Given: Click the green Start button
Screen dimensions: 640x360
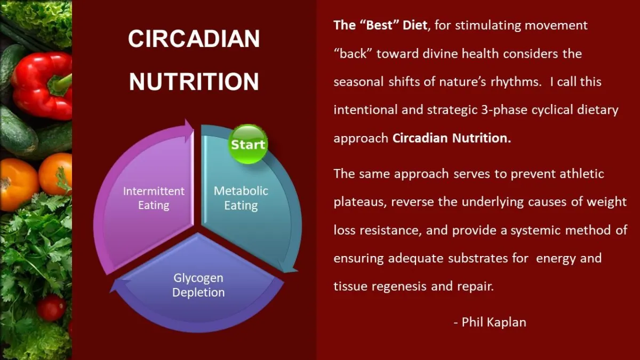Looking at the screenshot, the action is (247, 144).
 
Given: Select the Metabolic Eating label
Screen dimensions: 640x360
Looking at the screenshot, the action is (241, 198).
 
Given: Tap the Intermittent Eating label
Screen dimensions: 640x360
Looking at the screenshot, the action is (154, 198).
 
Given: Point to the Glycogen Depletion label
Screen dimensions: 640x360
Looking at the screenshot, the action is (198, 285).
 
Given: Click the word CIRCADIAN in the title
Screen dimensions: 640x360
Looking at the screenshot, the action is (194, 38).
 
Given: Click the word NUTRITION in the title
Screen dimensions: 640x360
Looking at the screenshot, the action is (194, 82).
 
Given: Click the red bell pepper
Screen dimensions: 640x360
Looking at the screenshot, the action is (42, 86).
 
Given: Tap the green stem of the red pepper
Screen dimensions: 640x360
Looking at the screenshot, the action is (61, 83).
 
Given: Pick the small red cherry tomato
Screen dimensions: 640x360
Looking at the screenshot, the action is (51, 308).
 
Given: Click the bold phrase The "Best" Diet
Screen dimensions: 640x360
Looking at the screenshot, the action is (380, 25).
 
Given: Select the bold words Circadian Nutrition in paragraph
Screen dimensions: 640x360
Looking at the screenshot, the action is (451, 138).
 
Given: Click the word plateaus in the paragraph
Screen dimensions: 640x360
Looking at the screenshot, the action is (360, 202).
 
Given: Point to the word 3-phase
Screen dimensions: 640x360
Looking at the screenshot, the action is (504, 110).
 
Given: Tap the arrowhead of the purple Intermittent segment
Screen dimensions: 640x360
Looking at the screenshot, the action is (189, 130).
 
